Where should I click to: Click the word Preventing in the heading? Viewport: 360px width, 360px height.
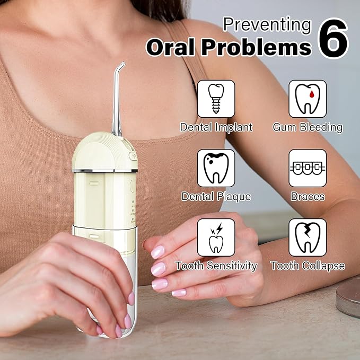267,24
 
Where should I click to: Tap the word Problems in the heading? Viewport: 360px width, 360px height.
259,48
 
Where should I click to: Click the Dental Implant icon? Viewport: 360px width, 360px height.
216,99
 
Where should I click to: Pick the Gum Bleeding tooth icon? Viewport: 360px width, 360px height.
308,99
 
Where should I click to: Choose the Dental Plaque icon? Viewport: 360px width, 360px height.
216,168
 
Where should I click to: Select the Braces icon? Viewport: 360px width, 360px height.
308,168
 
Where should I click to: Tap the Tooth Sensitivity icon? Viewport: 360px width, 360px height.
216,238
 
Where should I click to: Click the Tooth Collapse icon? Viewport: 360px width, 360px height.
308,238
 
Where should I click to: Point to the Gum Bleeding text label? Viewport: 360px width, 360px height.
308,127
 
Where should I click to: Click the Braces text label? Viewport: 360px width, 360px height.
308,196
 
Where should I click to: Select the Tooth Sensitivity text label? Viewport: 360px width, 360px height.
216,266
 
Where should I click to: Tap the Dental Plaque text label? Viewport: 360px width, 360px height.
216,196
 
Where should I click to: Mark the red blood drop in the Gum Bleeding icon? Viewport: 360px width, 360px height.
308,96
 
